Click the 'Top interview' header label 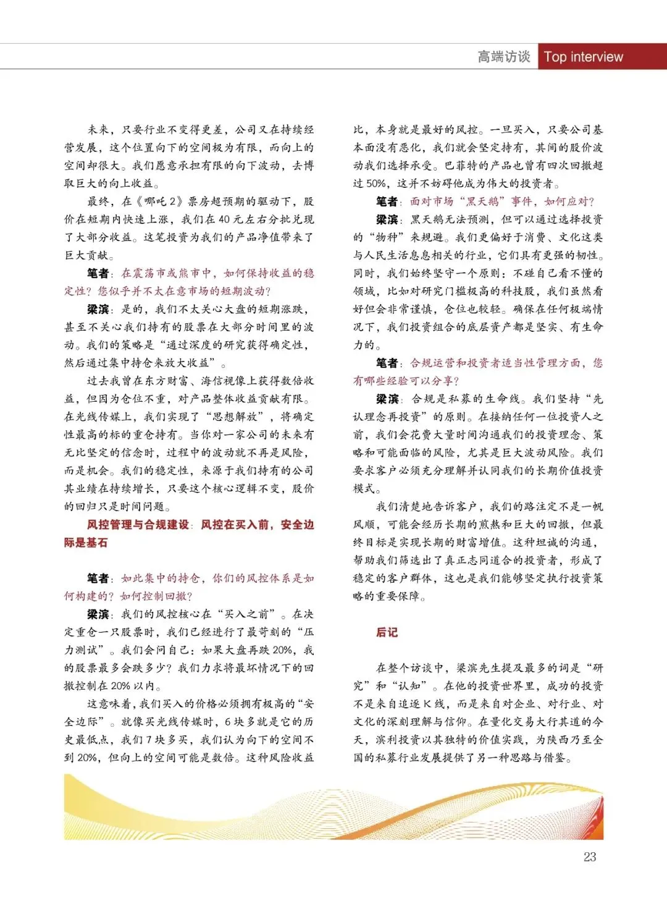(x=584, y=57)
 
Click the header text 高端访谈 (x=504, y=57)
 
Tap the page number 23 (x=590, y=857)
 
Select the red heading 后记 (x=387, y=632)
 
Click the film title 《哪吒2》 (x=159, y=201)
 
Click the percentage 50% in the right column (x=376, y=184)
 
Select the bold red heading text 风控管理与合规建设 (x=138, y=525)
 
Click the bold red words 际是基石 (x=86, y=543)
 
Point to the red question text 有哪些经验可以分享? (x=406, y=381)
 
